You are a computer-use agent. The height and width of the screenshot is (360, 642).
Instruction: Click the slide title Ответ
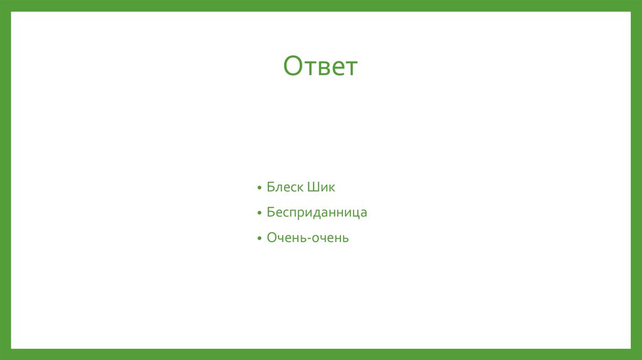click(320, 66)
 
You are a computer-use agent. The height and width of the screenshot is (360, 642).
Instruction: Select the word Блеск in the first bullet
click(285, 187)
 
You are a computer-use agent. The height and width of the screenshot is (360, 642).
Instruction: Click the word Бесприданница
click(317, 213)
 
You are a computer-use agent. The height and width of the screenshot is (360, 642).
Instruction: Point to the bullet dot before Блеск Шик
click(259, 188)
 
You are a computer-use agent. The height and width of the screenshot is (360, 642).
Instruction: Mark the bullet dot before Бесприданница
click(259, 214)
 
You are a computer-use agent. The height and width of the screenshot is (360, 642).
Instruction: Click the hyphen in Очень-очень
click(308, 239)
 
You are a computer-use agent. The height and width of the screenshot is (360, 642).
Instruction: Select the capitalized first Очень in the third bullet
click(286, 238)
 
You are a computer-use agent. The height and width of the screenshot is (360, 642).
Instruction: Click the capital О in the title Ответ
click(293, 66)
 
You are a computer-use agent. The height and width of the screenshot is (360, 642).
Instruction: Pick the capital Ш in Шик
click(313, 187)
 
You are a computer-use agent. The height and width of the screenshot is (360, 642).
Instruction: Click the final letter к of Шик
click(332, 188)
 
